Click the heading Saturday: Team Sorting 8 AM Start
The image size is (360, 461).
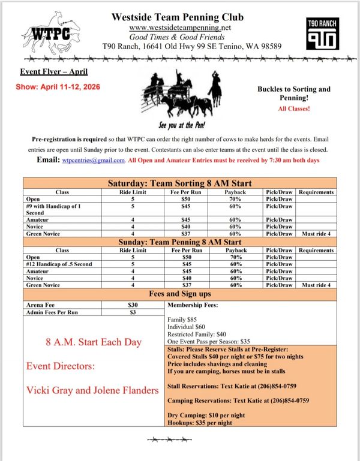179,183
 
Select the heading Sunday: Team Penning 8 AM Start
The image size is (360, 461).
179,242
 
